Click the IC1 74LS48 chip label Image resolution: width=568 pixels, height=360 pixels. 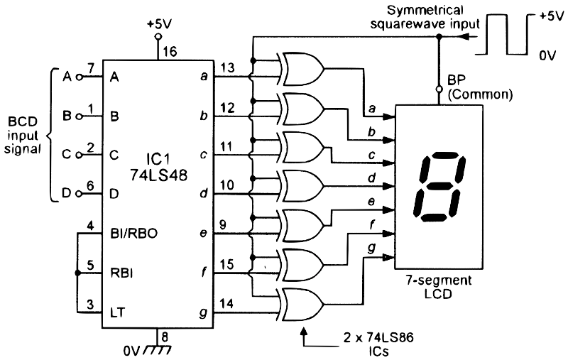point(158,167)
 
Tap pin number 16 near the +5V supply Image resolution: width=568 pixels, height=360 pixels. point(170,52)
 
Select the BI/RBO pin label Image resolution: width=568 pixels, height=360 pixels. point(133,234)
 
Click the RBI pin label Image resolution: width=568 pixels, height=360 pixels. point(121,273)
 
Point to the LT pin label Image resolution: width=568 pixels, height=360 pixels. point(117,312)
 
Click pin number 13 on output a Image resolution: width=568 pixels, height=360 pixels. point(227,67)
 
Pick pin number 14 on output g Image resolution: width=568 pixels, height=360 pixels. point(226,303)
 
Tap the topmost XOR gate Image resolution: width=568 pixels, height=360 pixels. point(302,69)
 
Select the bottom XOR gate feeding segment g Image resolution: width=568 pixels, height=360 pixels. point(302,304)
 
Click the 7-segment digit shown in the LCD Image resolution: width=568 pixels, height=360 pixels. point(439,187)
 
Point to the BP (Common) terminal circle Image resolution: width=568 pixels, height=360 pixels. point(439,89)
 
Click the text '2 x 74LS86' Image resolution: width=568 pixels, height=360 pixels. point(378,338)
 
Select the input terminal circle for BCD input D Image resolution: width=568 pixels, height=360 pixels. point(79,194)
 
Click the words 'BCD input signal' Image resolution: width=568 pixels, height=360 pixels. point(23,136)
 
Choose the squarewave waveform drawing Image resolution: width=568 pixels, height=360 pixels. point(504,35)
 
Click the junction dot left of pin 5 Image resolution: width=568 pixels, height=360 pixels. point(77,273)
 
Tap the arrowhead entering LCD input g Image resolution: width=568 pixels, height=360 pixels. point(389,258)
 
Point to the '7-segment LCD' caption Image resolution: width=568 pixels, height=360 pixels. point(438,286)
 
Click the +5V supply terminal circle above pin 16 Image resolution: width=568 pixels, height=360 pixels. point(158,37)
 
